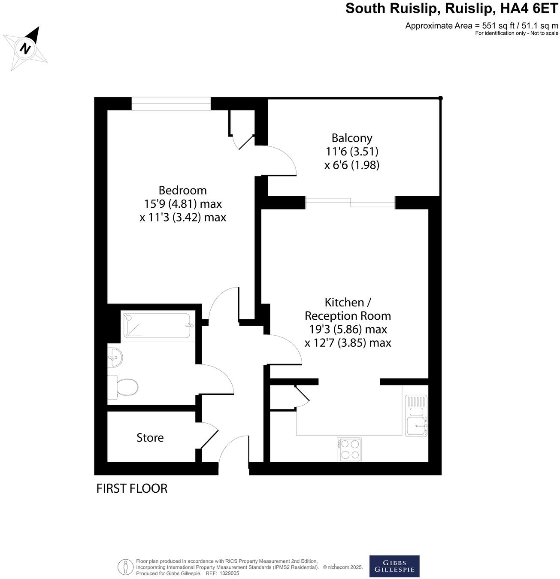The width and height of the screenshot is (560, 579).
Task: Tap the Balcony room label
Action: click(351, 138)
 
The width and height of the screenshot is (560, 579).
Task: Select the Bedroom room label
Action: click(182, 190)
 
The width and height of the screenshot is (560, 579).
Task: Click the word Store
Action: click(150, 438)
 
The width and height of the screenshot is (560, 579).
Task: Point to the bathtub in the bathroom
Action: click(157, 326)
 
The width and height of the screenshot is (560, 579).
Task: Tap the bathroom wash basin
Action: click(115, 357)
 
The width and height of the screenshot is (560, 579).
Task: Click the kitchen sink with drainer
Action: click(416, 416)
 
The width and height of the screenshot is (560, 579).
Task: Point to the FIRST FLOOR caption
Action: click(132, 488)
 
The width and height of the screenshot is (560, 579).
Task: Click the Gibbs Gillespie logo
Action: click(394, 566)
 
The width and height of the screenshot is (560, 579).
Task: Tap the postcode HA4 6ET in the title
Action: click(533, 9)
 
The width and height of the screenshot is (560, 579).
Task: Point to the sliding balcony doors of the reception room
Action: click(350, 203)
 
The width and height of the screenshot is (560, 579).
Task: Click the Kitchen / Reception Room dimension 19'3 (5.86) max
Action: click(348, 330)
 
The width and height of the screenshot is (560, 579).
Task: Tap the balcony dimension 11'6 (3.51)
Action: click(351, 152)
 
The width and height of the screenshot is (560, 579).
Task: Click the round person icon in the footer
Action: click(125, 567)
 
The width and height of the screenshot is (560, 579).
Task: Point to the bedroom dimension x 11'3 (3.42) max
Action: click(183, 217)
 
